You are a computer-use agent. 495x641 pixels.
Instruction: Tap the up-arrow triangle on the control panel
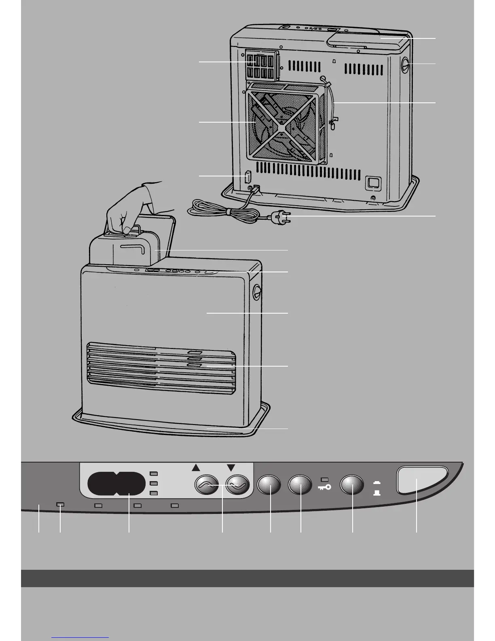coord(196,468)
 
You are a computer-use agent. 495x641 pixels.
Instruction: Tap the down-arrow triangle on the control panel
coord(231,468)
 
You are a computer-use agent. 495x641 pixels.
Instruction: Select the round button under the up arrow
coord(207,485)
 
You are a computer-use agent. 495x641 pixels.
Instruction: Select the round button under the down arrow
coord(237,485)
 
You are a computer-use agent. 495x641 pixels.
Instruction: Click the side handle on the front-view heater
coord(256,292)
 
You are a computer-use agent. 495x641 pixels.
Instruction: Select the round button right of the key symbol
coord(352,485)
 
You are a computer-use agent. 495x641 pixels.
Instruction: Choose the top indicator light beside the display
coord(153,473)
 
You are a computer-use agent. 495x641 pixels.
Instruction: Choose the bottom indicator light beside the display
coord(153,493)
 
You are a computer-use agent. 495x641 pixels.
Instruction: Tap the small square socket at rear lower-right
coord(373,183)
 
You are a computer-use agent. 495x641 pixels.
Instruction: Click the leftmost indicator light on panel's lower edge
coord(60,505)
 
